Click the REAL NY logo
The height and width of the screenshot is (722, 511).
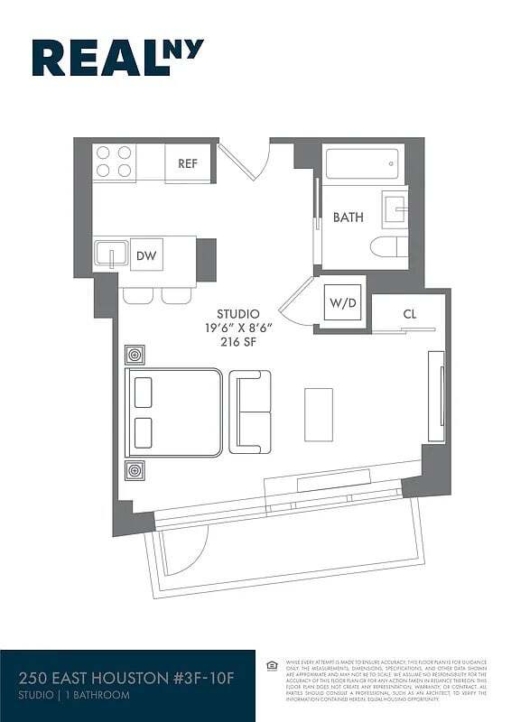117,58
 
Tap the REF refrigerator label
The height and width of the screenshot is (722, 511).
188,163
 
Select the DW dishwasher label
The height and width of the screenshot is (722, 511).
146,256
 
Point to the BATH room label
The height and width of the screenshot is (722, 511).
348,218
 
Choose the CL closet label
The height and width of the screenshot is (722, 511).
409,314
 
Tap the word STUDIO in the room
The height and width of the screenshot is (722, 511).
237,313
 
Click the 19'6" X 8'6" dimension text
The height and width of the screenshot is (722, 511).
237,328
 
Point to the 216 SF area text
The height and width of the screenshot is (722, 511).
237,342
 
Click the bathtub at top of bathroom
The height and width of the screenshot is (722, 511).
362,165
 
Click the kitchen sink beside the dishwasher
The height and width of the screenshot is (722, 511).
111,253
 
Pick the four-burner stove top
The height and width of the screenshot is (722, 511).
115,162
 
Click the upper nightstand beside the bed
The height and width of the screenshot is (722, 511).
135,354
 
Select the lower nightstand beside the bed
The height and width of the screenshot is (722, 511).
135,469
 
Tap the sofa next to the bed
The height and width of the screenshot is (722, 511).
250,412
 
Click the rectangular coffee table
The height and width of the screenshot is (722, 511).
318,414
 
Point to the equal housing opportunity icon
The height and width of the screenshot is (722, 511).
272,666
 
